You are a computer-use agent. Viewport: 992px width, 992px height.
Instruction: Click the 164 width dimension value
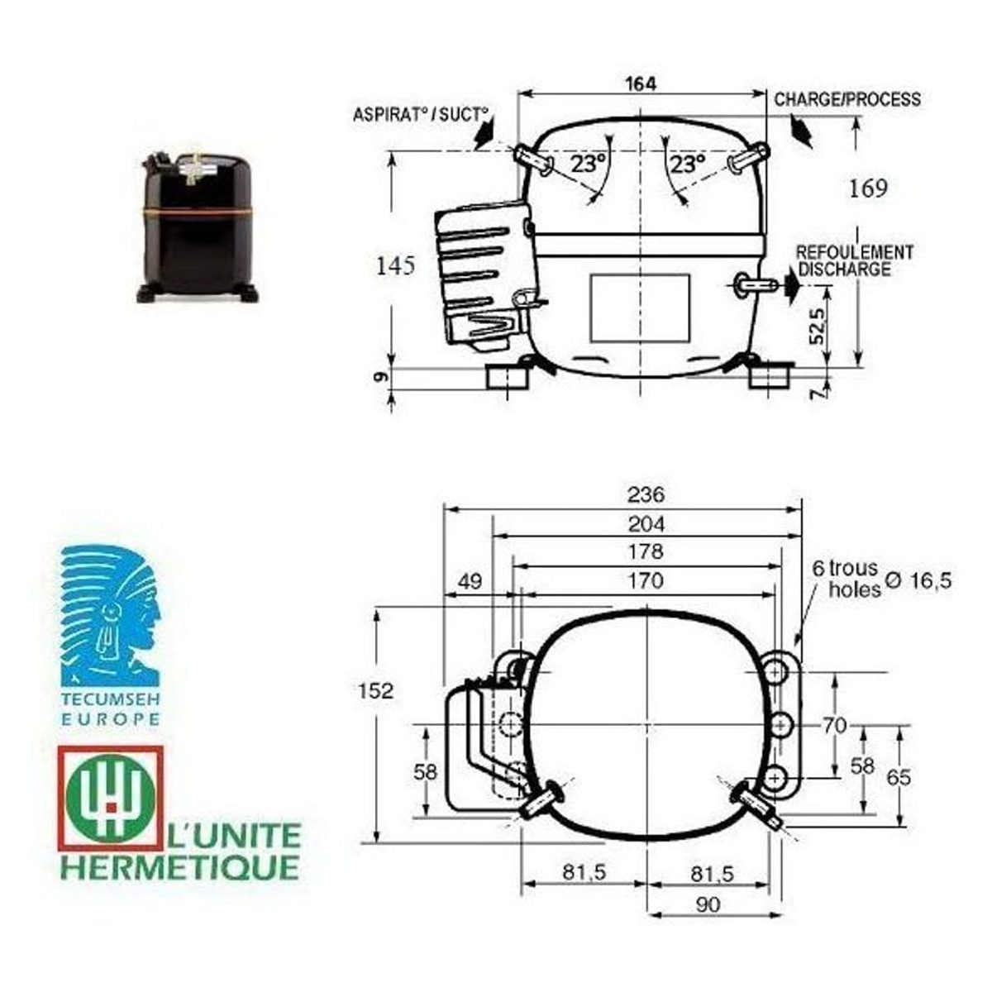coord(641,84)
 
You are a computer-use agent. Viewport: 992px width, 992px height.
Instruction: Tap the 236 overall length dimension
coord(646,494)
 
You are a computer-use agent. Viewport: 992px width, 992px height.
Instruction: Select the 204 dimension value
coord(646,524)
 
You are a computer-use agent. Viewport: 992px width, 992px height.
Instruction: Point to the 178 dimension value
coord(646,552)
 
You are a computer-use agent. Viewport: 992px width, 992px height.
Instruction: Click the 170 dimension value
coord(646,580)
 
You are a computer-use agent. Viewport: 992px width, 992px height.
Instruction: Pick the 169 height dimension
coord(868,189)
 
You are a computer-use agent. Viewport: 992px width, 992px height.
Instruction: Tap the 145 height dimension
coord(395,266)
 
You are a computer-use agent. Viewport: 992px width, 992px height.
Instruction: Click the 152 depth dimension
coord(376,690)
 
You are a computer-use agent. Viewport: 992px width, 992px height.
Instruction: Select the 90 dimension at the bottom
coord(708,904)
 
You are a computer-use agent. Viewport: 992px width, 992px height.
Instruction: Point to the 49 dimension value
coord(470,582)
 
